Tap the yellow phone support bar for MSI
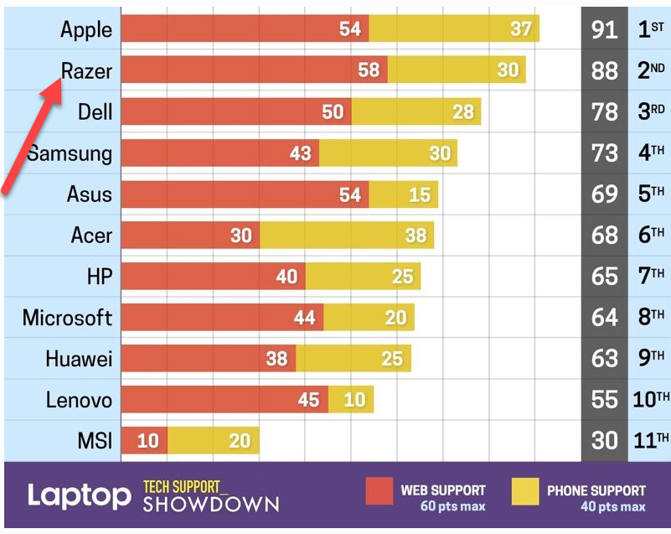[214, 440]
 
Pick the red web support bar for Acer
[190, 236]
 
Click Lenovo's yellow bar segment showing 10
[351, 400]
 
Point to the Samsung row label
[69, 153]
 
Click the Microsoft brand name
[67, 318]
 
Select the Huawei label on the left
[79, 359]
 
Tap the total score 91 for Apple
[604, 29]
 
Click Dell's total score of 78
[604, 111]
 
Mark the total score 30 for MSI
[604, 440]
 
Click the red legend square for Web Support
[379, 493]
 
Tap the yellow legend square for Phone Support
[524, 493]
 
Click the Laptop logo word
[79, 495]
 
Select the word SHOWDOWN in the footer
[210, 504]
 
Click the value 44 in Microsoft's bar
[303, 318]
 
